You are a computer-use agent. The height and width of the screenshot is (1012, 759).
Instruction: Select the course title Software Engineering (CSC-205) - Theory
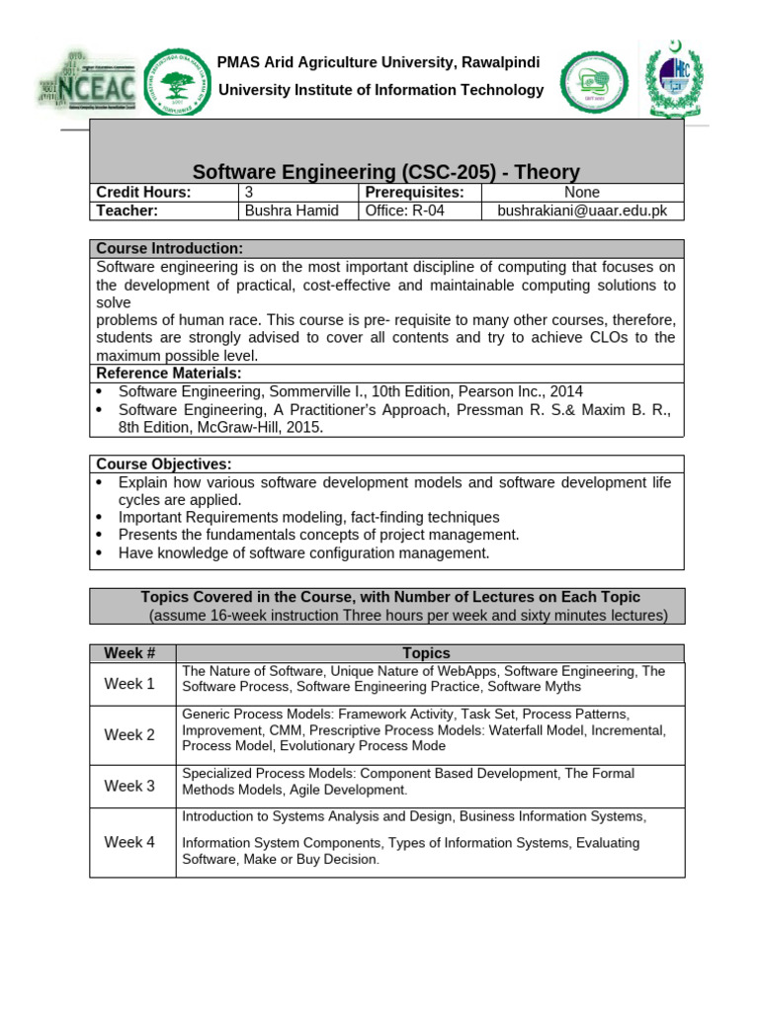tap(385, 171)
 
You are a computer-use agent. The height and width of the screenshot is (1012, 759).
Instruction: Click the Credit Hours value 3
tap(249, 193)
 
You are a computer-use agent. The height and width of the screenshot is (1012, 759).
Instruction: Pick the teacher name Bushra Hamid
tap(292, 211)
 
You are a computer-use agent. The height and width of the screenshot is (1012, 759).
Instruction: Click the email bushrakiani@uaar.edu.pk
tap(582, 211)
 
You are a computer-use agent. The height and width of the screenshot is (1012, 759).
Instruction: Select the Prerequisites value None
tap(582, 193)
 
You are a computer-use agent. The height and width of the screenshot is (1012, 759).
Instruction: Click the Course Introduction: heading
tap(169, 248)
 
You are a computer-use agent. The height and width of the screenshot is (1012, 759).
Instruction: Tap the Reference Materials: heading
tap(168, 373)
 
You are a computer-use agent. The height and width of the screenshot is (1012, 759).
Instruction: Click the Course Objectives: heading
tap(164, 464)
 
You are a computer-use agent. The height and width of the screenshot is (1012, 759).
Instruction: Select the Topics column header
tap(427, 653)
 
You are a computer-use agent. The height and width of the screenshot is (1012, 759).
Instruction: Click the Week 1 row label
tap(130, 684)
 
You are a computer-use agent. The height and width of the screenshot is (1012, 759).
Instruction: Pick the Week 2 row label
tap(130, 734)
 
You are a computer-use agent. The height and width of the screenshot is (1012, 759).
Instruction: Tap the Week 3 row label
tap(130, 787)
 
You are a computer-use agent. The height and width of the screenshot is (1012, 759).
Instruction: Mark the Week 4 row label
tap(130, 842)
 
